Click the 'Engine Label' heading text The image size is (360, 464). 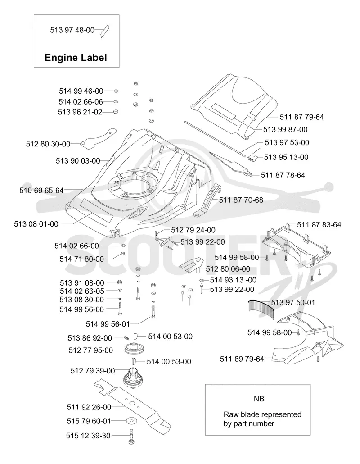click(76, 57)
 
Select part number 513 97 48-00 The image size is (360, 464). click(72, 30)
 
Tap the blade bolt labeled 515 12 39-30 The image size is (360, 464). click(131, 436)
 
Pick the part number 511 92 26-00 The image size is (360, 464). click(89, 407)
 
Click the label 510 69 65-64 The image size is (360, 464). click(42, 190)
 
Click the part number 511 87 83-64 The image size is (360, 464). click(319, 225)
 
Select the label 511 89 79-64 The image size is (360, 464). click(242, 359)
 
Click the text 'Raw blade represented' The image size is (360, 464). click(262, 414)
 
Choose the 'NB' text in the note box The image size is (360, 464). click(259, 399)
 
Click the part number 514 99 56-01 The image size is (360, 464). click(108, 324)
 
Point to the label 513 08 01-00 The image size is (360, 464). click(36, 224)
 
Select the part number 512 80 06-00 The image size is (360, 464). click(228, 269)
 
